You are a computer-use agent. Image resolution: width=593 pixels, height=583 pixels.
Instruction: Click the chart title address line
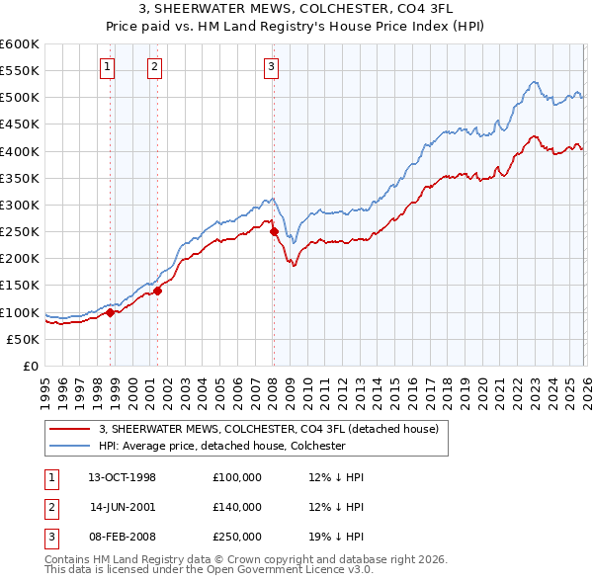(x=296, y=8)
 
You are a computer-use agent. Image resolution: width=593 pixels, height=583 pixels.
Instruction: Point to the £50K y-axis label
(x=23, y=339)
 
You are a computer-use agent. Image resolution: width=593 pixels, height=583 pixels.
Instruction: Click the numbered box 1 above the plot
(x=107, y=67)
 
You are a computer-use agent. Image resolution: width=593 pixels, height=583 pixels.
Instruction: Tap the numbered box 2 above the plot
(x=155, y=67)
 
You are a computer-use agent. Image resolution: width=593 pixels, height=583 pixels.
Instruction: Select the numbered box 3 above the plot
(x=271, y=67)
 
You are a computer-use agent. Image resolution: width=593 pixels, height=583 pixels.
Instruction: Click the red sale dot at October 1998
(x=111, y=312)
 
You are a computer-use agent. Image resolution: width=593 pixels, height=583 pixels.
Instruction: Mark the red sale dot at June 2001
(x=157, y=291)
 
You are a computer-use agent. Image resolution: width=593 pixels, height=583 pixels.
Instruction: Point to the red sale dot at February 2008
(x=274, y=232)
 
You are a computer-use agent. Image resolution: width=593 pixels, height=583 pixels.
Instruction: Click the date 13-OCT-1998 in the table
(x=123, y=477)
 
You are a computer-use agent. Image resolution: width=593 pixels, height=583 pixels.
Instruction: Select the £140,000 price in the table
(x=237, y=507)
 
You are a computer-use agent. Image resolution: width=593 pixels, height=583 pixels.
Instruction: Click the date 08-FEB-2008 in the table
(x=123, y=537)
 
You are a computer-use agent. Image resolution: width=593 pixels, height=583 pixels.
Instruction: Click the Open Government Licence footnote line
(x=210, y=570)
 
